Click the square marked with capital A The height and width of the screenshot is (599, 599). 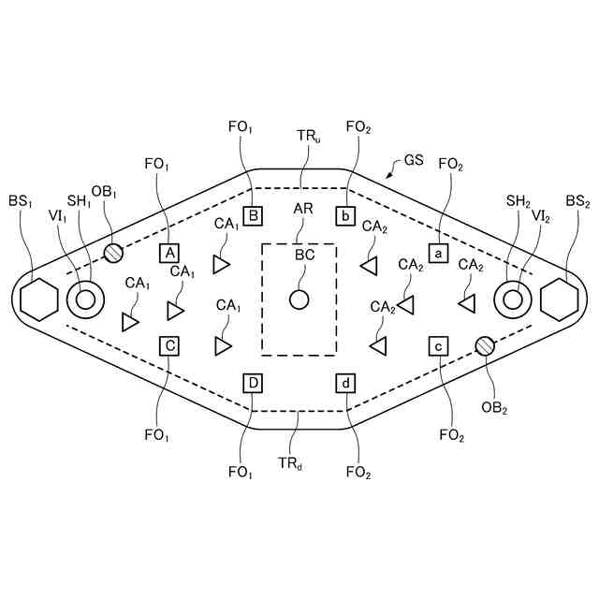(169, 253)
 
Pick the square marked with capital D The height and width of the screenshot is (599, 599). (254, 382)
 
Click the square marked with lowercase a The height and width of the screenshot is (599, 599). (437, 253)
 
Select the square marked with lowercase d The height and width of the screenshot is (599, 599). (346, 382)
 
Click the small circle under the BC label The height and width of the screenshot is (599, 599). (299, 300)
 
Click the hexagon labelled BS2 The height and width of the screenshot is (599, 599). (559, 299)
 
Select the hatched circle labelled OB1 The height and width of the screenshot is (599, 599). (112, 253)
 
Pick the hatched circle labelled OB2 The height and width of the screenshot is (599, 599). (484, 346)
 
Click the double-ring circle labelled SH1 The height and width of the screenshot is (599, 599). (86, 299)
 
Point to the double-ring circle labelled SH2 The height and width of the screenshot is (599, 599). (513, 299)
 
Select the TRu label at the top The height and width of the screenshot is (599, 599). (310, 137)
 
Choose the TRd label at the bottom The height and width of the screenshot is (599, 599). (289, 461)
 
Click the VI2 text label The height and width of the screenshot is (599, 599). (540, 216)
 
